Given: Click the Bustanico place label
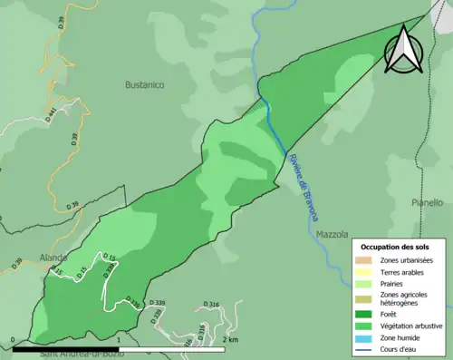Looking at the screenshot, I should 144,84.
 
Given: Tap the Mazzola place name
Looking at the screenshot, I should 333,234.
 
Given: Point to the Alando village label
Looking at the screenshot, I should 53,258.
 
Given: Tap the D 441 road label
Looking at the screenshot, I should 50,112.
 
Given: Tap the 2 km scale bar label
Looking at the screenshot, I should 230,339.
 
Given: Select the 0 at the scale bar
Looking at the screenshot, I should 13,339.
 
